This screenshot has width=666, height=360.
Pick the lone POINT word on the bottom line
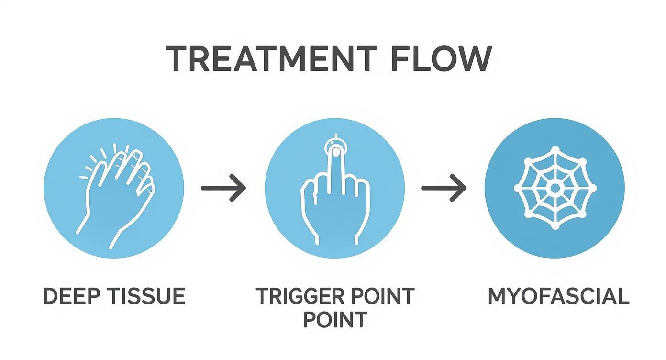(335, 319)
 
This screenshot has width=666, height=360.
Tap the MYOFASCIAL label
(558, 296)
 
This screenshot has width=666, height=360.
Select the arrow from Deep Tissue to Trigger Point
(223, 188)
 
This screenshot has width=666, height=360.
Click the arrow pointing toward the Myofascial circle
(444, 188)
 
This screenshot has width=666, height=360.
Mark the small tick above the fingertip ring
(336, 135)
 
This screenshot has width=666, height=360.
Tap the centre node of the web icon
(555, 188)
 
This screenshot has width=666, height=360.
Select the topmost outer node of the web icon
(555, 150)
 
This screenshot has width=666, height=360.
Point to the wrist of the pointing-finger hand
(335, 235)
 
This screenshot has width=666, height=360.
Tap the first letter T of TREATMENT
(176, 59)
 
